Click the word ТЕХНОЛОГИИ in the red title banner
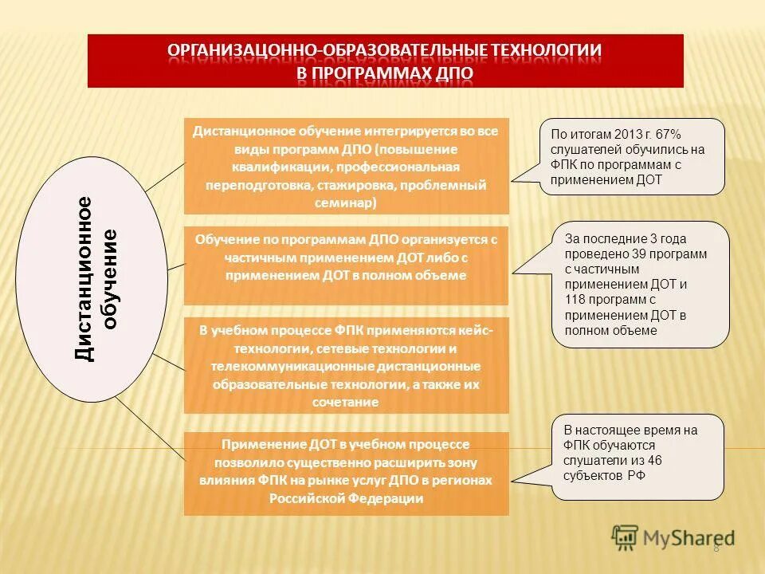click(x=544, y=51)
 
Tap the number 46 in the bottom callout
click(x=653, y=461)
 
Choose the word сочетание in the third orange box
click(x=346, y=403)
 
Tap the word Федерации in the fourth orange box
click(x=382, y=499)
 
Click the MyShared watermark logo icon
click(x=625, y=537)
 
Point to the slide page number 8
click(x=716, y=547)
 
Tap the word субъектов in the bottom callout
click(x=590, y=476)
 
